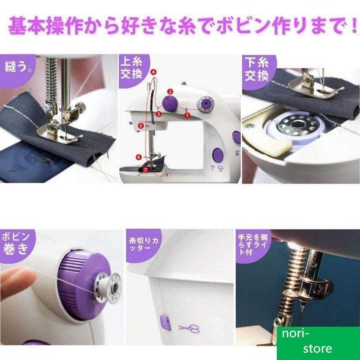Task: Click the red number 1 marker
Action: pos(187,115)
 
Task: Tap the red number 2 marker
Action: pos(170,92)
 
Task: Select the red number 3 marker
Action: pos(158,114)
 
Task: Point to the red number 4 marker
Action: pos(153,72)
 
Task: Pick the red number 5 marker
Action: pos(141,126)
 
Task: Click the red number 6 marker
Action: pos(139,157)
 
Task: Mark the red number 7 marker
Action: pos(145,170)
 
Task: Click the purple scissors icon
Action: pos(189,328)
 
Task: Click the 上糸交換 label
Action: pos(131,68)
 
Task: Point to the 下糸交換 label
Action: pos(256,69)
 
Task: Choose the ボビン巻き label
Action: pos(16,243)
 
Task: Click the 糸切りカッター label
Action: pos(144,244)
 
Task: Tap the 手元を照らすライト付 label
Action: pos(253,245)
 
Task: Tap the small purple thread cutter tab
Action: pos(165,322)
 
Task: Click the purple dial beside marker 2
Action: pos(170,103)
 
